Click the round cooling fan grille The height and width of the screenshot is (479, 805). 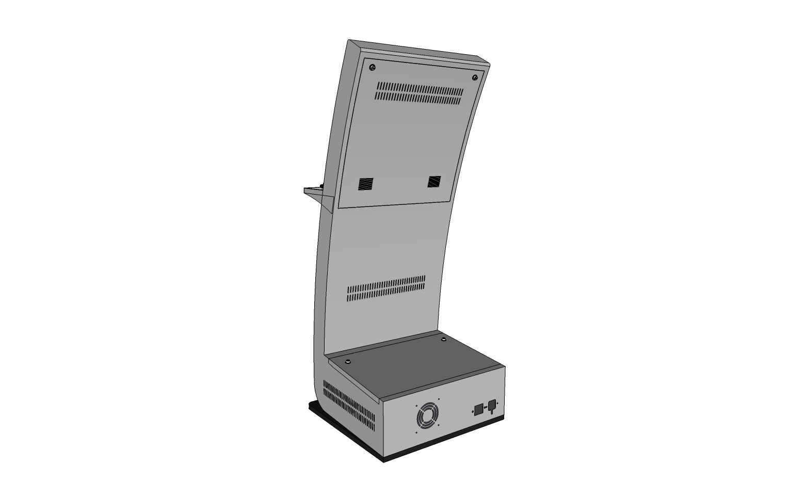(427, 416)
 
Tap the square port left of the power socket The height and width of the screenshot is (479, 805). (478, 409)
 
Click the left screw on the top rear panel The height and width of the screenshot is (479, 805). (373, 68)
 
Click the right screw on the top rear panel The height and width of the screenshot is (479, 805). (475, 78)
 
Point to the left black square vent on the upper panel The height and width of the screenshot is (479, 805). (366, 183)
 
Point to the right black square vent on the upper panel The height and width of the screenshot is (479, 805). (434, 181)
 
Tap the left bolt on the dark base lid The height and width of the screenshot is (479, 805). (348, 361)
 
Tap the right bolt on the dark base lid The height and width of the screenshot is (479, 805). (443, 340)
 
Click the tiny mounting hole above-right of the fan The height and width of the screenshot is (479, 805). (439, 398)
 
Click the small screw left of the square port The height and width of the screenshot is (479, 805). (473, 412)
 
